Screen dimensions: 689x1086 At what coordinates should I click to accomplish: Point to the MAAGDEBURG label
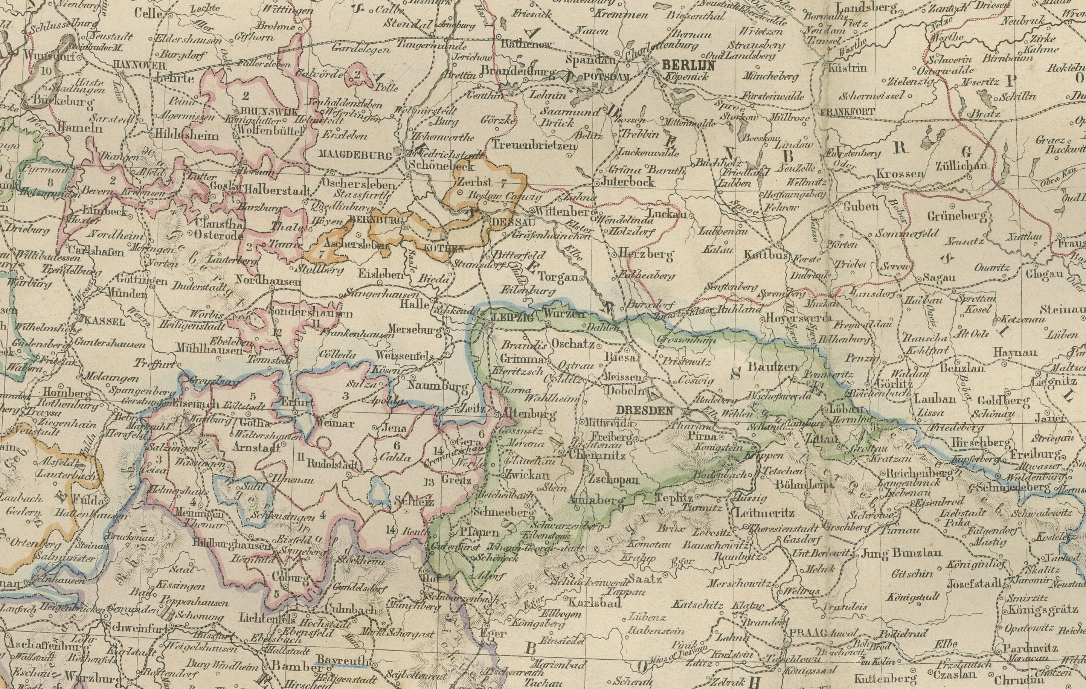[x=355, y=155]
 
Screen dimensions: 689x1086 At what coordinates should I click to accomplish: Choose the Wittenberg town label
[x=564, y=212]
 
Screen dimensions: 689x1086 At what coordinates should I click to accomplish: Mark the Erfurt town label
[x=297, y=402]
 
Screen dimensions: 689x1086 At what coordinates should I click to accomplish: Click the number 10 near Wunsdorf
[x=46, y=70]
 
